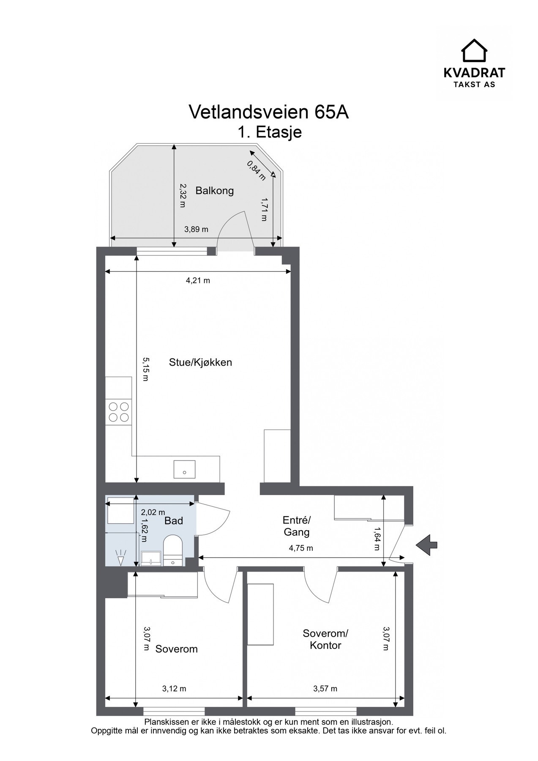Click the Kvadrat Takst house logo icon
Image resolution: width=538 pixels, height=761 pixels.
pos(474,51)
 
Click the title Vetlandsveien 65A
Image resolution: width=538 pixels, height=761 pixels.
pos(269,112)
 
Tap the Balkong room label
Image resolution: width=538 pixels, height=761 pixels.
pos(215,191)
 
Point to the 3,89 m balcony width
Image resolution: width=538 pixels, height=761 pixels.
pos(197,230)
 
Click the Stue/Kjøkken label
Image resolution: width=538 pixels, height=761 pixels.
pos(200,362)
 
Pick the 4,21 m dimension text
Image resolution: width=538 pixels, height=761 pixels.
pos(198,280)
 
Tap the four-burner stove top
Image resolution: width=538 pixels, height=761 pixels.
pos(119,412)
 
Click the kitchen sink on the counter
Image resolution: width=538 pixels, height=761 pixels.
pos(184,469)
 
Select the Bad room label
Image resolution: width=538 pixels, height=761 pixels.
pos(174,521)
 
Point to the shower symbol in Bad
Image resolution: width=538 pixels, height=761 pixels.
pos(121,558)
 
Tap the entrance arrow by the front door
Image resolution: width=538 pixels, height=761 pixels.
pos(426,545)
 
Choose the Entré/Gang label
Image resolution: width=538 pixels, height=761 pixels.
pos(297,526)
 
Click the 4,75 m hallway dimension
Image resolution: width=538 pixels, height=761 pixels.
pos(301,548)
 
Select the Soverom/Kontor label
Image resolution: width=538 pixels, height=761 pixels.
pos(325,639)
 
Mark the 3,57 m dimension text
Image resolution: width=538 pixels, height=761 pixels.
pos(325,689)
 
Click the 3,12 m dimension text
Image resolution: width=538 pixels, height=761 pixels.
pos(174,689)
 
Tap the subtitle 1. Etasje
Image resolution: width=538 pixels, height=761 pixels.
pos(269,132)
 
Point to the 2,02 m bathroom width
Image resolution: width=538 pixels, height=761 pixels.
pos(153,512)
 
